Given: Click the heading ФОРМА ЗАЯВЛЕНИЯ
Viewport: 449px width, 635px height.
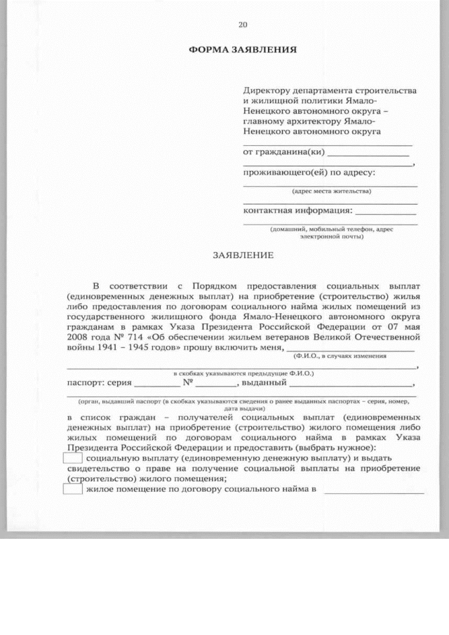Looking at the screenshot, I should click(243, 51).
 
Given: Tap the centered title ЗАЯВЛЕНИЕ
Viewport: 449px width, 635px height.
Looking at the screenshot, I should click(243, 255).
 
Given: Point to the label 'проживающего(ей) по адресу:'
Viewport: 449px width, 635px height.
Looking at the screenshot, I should click(309, 172).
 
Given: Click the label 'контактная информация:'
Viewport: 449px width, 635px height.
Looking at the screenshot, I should click(297, 210).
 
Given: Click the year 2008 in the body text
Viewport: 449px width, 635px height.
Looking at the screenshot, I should click(78, 337).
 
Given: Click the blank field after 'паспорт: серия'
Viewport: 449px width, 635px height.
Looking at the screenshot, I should click(156, 385).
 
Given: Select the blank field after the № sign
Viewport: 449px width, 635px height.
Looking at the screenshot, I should click(217, 385).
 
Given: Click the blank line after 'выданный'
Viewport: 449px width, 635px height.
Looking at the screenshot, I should click(351, 385).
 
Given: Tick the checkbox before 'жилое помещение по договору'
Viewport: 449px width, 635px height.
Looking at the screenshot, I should click(73, 489).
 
